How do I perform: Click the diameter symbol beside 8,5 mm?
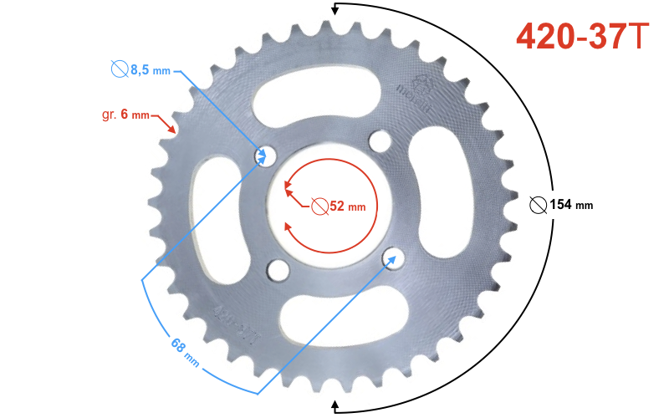(x=119, y=69)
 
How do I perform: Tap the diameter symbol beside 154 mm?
(x=539, y=205)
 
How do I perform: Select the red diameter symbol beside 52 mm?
(x=319, y=206)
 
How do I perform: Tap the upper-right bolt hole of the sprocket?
(x=380, y=143)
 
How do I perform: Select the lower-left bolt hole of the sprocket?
(x=277, y=269)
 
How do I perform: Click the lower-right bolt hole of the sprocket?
(x=391, y=257)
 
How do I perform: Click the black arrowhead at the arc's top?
(x=336, y=10)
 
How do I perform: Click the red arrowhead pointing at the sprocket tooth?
(x=171, y=130)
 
